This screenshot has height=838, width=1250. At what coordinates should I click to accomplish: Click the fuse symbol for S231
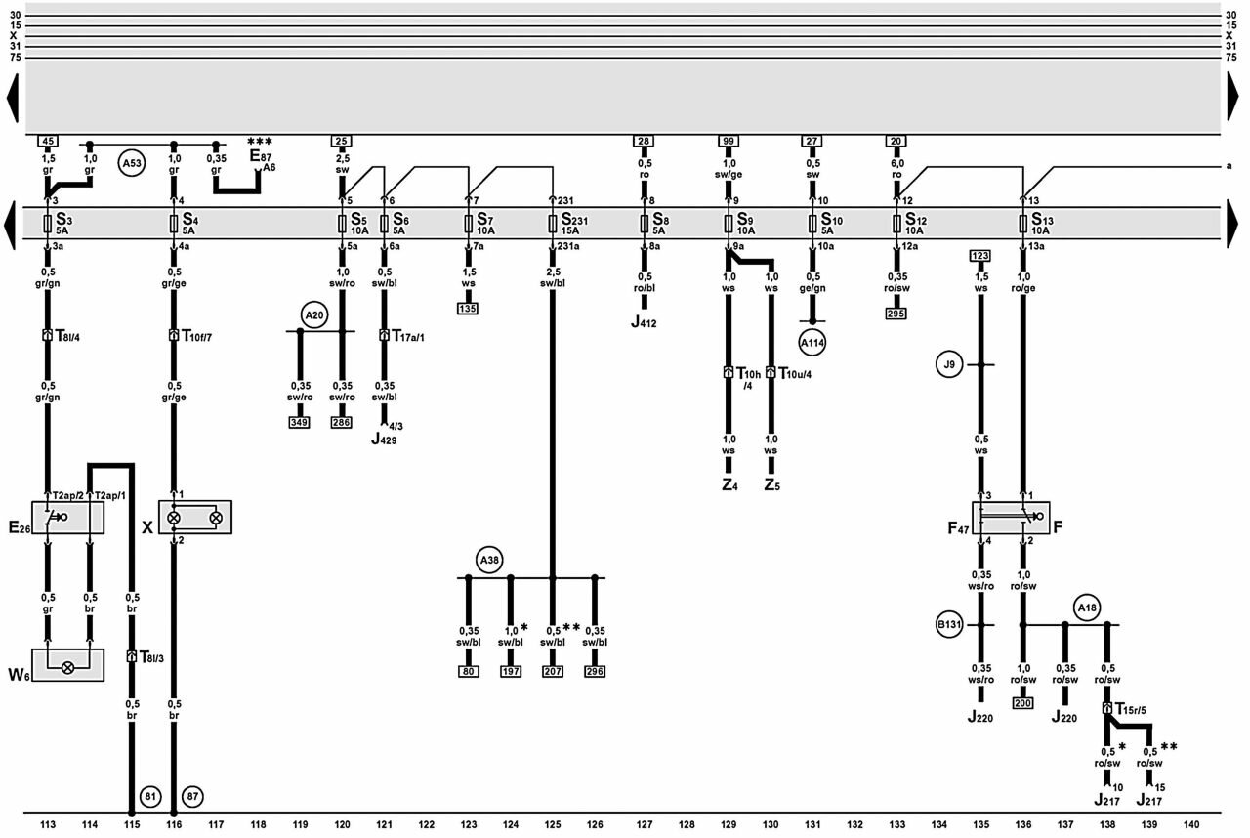[x=553, y=224]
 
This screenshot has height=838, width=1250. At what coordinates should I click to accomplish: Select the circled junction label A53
[x=132, y=163]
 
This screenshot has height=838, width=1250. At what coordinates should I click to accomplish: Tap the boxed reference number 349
[x=299, y=422]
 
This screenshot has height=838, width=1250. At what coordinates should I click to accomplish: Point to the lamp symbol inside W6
[x=67, y=667]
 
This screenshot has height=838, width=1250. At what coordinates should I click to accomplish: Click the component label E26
[x=20, y=527]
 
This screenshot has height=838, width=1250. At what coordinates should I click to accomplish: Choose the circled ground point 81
[x=150, y=796]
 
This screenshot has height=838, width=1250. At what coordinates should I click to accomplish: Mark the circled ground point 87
[x=192, y=796]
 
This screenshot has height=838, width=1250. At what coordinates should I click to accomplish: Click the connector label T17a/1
[x=408, y=336]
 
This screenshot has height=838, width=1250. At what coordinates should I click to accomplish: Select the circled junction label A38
[x=489, y=560]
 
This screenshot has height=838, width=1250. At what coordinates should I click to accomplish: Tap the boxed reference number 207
[x=553, y=671]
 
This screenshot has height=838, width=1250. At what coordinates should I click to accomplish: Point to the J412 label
[x=644, y=322]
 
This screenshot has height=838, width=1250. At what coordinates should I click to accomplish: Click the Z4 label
[x=729, y=484]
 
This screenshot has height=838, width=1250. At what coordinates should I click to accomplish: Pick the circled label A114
[x=812, y=343]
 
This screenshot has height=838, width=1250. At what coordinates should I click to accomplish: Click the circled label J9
[x=949, y=365]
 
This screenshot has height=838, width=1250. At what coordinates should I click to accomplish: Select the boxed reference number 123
[x=980, y=256]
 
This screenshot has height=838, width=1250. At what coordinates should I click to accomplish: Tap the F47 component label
[x=958, y=527]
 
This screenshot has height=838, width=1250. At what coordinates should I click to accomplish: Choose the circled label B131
[x=949, y=625]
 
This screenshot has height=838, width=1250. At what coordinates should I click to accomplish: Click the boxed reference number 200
[x=1022, y=703]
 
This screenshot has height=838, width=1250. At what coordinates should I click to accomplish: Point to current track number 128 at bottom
[x=687, y=824]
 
